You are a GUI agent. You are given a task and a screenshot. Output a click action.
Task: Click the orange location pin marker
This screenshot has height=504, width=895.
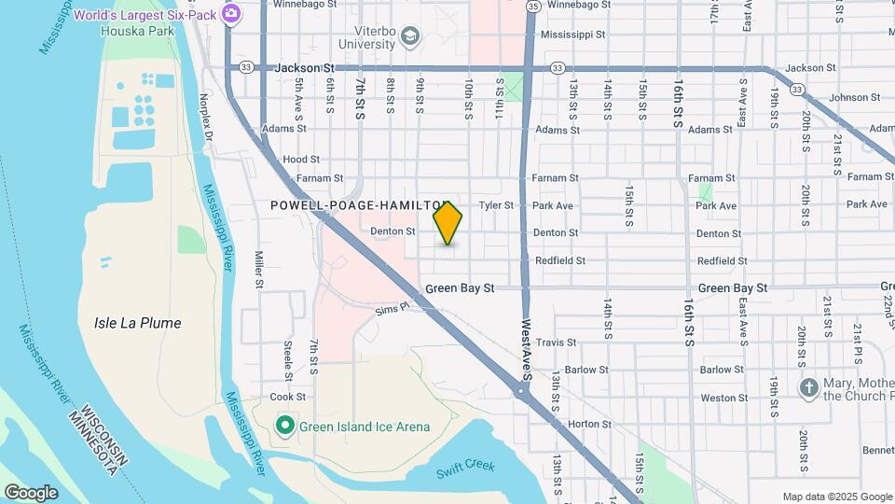[x=447, y=222]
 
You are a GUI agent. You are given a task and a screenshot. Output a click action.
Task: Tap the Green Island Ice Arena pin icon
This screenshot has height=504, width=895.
[x=285, y=427]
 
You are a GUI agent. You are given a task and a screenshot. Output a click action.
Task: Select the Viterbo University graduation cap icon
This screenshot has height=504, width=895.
[x=409, y=36]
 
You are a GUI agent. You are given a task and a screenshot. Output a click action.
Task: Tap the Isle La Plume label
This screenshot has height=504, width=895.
[x=138, y=323]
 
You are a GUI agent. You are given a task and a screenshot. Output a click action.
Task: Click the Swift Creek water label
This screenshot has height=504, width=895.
[x=465, y=467]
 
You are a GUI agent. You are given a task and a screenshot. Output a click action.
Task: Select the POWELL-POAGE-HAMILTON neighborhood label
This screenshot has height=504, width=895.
[x=360, y=204]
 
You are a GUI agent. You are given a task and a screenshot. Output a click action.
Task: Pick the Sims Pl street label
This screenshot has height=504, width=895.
[x=392, y=308]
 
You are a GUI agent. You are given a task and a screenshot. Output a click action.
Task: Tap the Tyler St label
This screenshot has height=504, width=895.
[x=496, y=205]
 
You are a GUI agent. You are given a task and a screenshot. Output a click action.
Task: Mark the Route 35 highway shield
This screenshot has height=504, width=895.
[x=532, y=6]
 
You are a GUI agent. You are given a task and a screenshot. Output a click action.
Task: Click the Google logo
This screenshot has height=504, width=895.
[x=31, y=493]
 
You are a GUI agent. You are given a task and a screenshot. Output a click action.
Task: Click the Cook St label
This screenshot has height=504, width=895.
[x=282, y=397]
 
